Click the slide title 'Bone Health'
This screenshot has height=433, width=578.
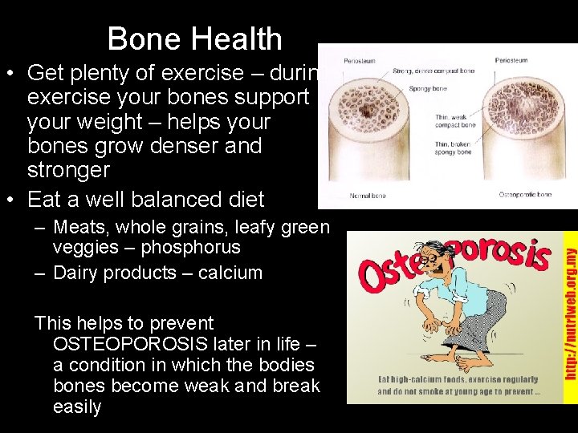(194, 38)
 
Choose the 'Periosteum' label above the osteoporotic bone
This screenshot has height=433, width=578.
(511, 61)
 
